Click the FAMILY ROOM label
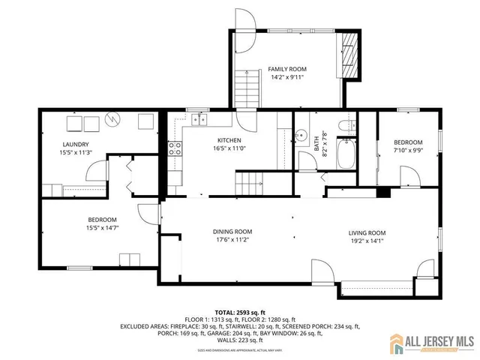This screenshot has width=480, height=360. tap(287, 69)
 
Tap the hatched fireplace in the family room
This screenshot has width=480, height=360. tap(351, 58)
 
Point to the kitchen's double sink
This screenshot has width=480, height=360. tap(198, 118)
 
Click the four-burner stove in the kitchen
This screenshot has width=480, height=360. tap(175, 148)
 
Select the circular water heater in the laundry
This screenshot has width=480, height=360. tap(112, 120)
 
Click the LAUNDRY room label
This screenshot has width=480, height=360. tap(76, 145)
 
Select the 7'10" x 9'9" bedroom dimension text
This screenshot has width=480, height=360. tap(408, 150)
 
